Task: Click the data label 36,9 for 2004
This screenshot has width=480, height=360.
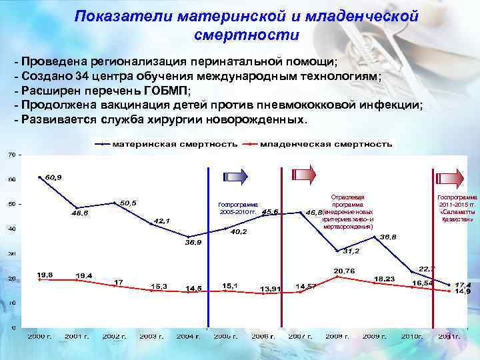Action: pos(193,243)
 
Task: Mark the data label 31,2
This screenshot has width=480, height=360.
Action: pos(351,251)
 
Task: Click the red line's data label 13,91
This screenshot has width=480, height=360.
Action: pos(270,289)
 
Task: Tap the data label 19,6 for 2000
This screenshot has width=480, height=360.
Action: pos(45,275)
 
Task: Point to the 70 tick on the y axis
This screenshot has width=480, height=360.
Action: pos(11,155)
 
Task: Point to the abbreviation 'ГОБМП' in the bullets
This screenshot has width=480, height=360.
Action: pos(163,91)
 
